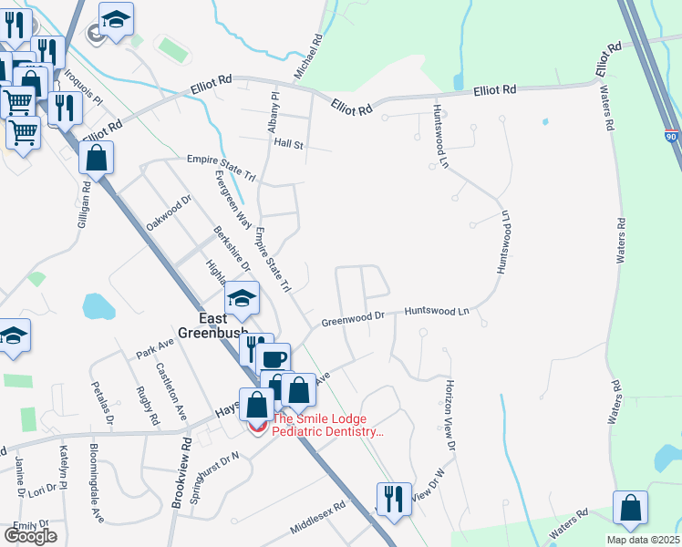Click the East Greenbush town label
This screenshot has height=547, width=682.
click(x=225, y=325)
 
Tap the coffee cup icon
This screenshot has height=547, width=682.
click(x=273, y=358)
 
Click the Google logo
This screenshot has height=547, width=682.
click(x=30, y=536)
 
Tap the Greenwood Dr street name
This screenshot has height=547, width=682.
click(x=354, y=319)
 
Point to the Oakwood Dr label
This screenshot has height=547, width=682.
click(x=170, y=212)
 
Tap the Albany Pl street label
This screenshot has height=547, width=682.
click(x=274, y=112)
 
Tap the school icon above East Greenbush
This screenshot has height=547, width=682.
click(x=242, y=298)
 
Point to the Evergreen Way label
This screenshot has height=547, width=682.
click(x=232, y=200)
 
